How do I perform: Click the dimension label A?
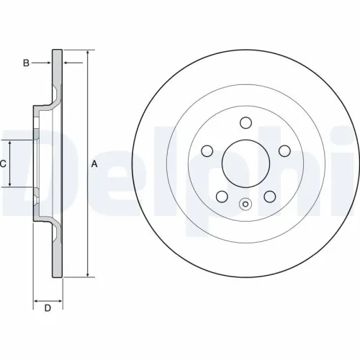(x=94, y=164)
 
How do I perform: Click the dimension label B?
(x=26, y=63)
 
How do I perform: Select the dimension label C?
(x=3, y=164)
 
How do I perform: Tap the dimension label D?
(x=48, y=309)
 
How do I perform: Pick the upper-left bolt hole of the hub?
(x=207, y=150)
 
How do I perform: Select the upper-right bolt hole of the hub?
(x=284, y=150)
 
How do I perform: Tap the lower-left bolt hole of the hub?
(x=222, y=195)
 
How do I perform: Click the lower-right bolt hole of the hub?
(x=269, y=195)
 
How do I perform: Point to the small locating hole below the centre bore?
(x=246, y=203)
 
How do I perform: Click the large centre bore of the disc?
(x=246, y=163)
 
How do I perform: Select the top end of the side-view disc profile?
(x=58, y=51)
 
